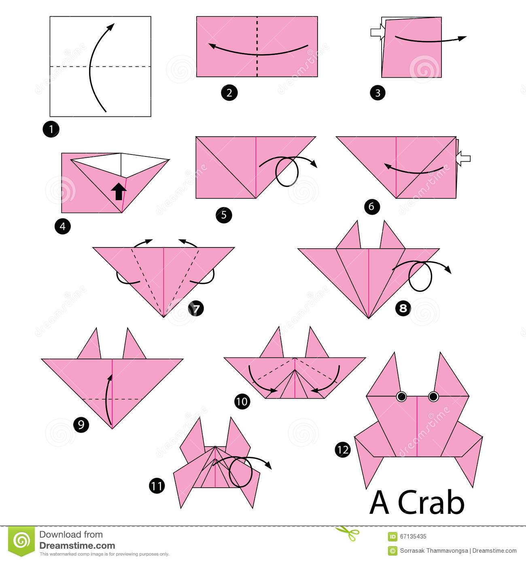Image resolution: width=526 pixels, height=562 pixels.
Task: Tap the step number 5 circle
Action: pos(224,215)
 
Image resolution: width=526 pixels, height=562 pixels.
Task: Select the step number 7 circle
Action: pos(196,308)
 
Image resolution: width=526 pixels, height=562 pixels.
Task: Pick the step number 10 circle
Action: pos(242,401)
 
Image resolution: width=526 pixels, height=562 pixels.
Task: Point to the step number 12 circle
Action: pos(343,449)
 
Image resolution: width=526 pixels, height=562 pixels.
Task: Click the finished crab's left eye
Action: pos(401,397)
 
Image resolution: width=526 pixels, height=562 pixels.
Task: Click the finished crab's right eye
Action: pos(433,396)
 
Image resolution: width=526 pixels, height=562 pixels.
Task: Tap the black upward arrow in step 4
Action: pos(118,191)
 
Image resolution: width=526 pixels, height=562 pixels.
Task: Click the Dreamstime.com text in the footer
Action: pos(77,545)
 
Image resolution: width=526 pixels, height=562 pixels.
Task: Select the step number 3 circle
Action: pos(378,93)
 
